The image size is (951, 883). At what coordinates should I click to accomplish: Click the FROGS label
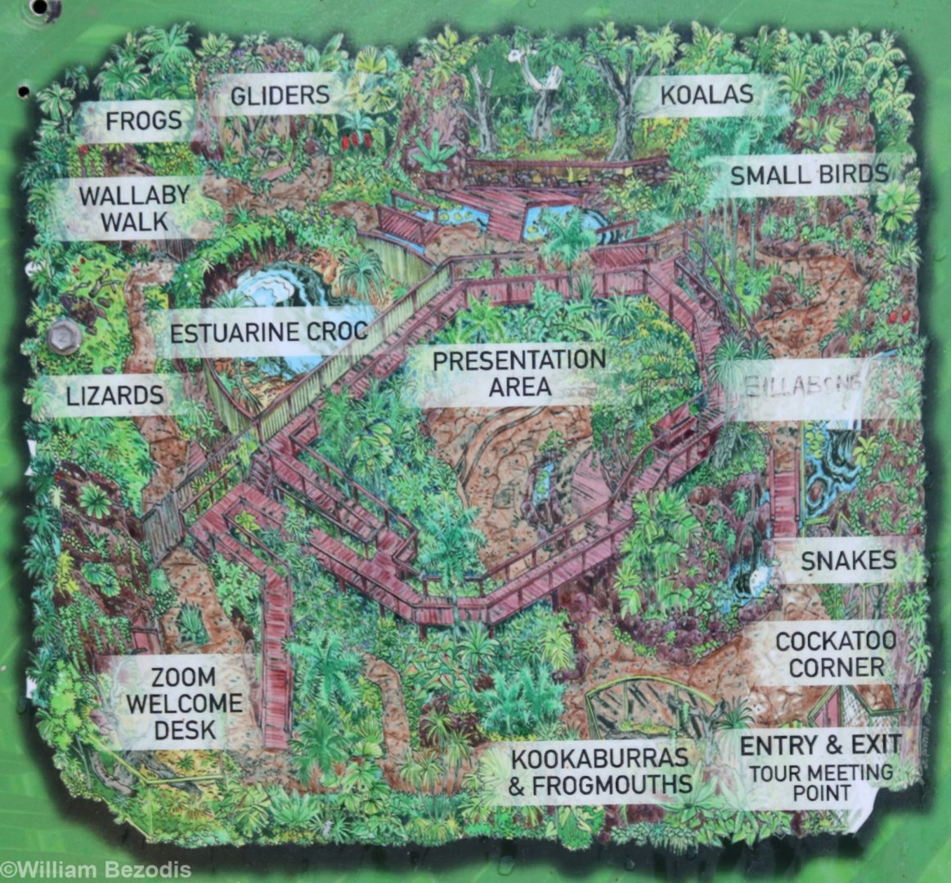tap(143, 121)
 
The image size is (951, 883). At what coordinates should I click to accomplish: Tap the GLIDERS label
tap(279, 96)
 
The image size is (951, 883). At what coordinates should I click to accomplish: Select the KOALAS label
tap(706, 94)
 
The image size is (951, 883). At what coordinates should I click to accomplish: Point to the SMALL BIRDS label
tap(808, 175)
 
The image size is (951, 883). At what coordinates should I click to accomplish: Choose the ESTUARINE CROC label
tap(268, 333)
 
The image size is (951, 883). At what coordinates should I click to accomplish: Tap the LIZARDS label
tap(114, 396)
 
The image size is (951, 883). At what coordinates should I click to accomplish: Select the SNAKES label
tap(848, 561)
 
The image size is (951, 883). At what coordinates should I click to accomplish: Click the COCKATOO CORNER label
tap(836, 653)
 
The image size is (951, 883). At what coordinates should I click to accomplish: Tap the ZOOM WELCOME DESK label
tap(184, 703)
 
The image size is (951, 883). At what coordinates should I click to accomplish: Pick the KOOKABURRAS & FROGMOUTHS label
tap(599, 771)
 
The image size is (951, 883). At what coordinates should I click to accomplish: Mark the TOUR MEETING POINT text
tap(820, 782)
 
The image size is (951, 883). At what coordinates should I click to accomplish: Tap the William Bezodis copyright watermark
tap(96, 869)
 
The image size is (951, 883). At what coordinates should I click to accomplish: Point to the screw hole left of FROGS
tap(24, 90)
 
